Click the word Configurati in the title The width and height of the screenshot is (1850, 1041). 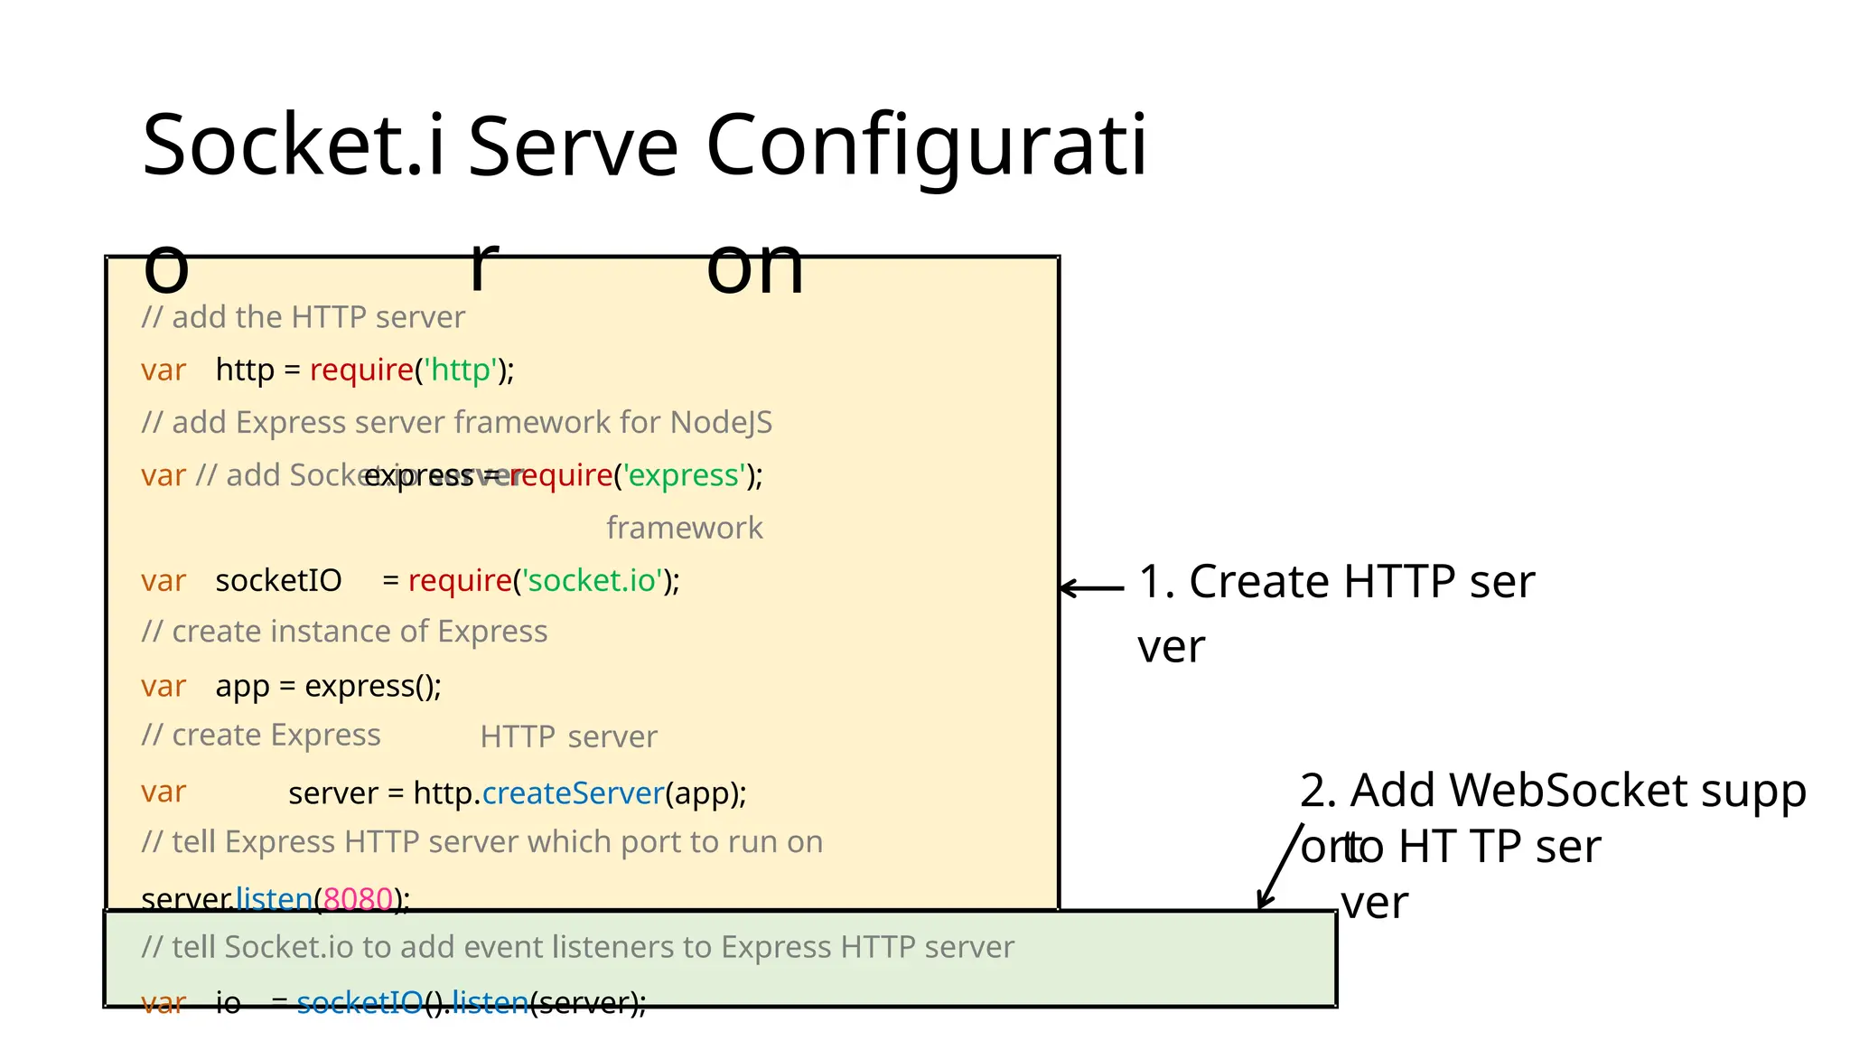click(x=925, y=146)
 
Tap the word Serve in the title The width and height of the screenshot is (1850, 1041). click(x=573, y=146)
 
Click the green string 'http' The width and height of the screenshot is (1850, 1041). click(x=461, y=370)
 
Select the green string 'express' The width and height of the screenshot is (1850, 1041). click(x=687, y=475)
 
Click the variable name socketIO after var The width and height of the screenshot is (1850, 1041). click(x=278, y=581)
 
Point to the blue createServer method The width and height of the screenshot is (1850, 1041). click(x=574, y=793)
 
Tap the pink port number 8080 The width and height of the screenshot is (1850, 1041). click(x=358, y=899)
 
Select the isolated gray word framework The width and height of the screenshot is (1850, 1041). click(x=684, y=528)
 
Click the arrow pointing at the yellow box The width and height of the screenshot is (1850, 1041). click(x=1091, y=588)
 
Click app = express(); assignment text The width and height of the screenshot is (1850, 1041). click(x=328, y=687)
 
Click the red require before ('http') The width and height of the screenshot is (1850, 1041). click(x=361, y=370)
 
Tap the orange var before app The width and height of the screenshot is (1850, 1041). click(x=164, y=687)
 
